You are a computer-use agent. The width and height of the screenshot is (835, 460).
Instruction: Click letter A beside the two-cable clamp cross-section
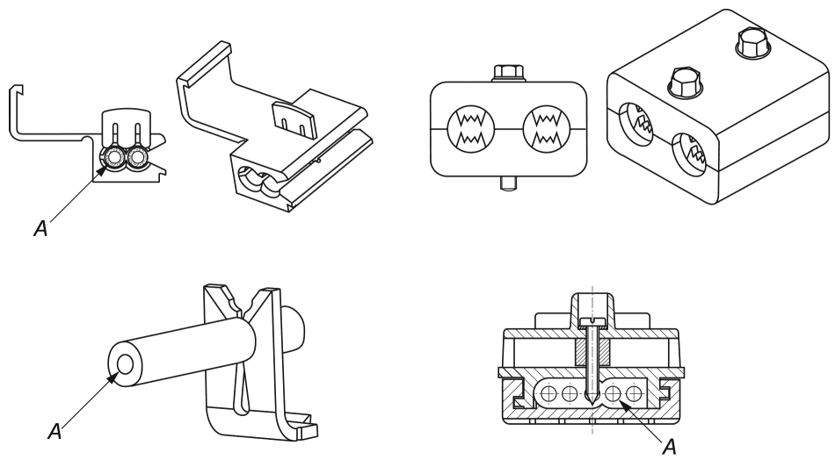40,227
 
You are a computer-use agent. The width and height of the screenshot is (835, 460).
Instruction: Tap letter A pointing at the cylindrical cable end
54,431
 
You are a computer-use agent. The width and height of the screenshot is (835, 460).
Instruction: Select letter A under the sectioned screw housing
670,447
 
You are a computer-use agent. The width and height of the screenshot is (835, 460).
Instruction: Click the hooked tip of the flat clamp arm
17,88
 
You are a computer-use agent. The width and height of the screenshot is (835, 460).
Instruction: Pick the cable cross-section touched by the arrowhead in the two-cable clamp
112,158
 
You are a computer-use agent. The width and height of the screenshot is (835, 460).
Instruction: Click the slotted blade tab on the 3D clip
293,120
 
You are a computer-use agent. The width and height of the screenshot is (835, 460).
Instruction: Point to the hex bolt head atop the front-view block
509,72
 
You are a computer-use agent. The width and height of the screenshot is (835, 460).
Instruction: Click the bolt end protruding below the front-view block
509,184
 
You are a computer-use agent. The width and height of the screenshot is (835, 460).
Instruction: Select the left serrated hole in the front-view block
471,127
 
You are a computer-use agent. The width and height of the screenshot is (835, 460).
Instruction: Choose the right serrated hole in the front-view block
547,127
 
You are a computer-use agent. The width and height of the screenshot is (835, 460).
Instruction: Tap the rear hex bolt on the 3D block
752,43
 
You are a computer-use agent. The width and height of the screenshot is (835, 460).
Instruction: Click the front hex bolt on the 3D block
686,83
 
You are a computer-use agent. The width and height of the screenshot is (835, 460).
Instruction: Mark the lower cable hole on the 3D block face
688,155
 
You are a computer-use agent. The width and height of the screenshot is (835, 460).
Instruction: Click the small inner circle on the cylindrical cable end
126,365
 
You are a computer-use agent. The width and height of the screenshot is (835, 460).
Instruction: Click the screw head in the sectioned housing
592,320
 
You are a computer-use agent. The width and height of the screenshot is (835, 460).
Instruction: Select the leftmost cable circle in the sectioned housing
548,394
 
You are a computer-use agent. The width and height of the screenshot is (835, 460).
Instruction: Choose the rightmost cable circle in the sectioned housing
633,394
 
